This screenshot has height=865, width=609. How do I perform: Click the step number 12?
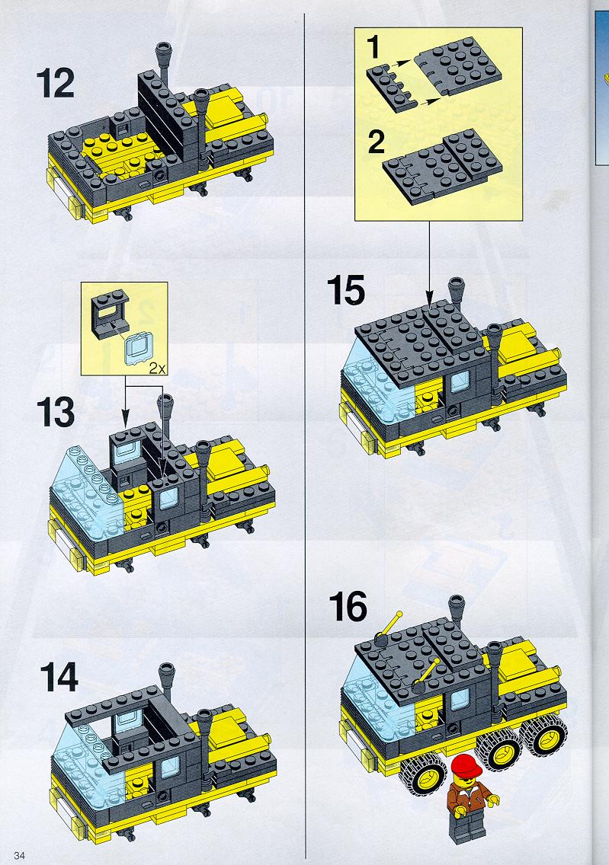55,83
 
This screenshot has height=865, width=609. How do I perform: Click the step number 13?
56,413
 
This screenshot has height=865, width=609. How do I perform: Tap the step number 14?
59,678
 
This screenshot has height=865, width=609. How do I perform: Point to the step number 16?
348,606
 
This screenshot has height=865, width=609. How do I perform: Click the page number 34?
19,856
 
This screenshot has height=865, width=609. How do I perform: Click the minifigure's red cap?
467,765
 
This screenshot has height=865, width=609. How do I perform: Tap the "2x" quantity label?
157,369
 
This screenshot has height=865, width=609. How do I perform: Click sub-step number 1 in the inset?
373,46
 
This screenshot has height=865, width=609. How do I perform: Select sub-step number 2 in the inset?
376,142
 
